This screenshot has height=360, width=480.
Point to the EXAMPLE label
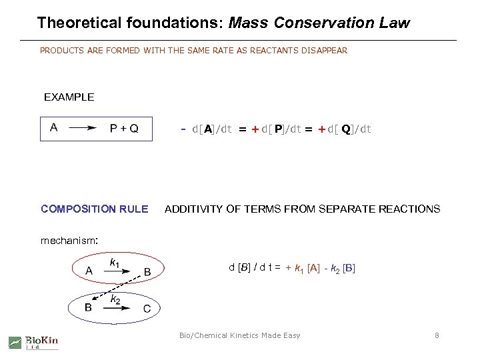click(x=69, y=97)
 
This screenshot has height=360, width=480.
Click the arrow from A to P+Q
click(x=83, y=129)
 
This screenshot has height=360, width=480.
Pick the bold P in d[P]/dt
click(x=278, y=129)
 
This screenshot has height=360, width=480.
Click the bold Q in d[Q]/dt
click(x=345, y=129)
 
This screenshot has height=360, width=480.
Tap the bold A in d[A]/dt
click(x=209, y=129)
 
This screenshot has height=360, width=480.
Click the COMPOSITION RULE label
click(x=94, y=209)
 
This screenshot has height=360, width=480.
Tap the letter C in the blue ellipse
click(x=147, y=308)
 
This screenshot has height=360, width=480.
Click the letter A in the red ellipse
click(x=89, y=271)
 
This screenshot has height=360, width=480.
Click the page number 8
click(x=437, y=335)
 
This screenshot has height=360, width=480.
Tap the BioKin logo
click(x=34, y=343)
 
